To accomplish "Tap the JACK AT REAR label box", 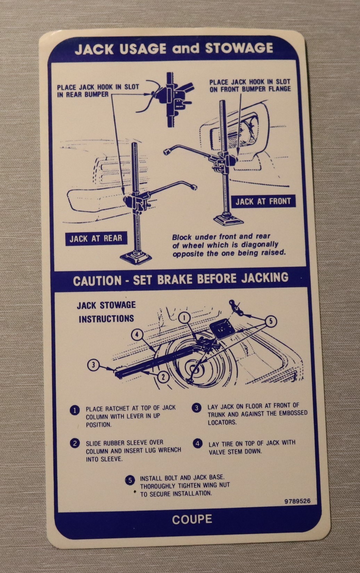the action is (96, 239).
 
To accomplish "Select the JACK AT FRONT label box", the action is (263, 201).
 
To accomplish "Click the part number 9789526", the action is (297, 501).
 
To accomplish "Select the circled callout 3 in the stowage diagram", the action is (93, 365).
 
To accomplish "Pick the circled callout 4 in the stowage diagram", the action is (137, 334).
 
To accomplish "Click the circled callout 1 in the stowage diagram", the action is (185, 318).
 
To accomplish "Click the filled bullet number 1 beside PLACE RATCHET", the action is (74, 411).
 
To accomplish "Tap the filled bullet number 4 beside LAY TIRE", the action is (197, 444).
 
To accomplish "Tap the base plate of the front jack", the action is (228, 219).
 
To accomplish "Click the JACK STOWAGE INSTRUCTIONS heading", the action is (106, 312).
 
